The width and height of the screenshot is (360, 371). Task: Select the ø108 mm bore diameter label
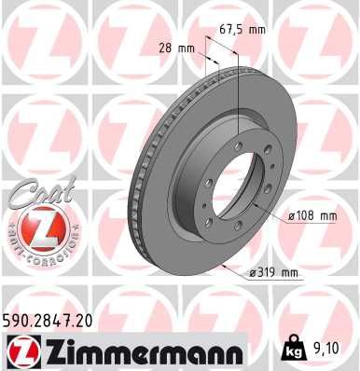click(312, 215)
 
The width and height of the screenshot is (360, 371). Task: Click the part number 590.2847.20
click(56, 320)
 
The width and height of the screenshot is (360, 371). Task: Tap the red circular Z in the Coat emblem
click(34, 227)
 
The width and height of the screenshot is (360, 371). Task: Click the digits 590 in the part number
click(20, 320)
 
